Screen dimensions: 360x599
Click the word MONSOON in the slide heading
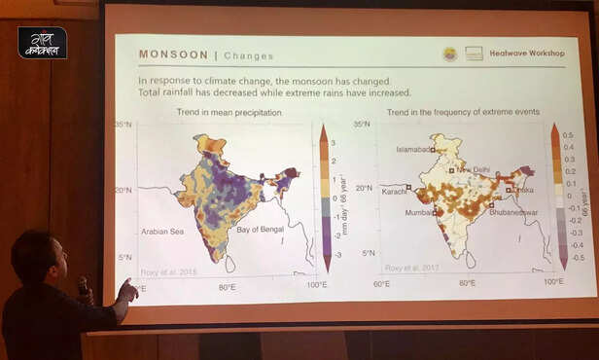coord(170,54)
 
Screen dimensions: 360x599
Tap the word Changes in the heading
coord(250,55)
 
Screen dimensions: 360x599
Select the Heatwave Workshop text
coord(527,54)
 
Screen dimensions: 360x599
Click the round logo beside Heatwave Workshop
coord(449,54)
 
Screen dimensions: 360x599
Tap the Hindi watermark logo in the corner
coord(42,42)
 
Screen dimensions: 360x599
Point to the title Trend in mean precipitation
coord(229,113)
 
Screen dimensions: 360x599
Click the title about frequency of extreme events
coord(463,113)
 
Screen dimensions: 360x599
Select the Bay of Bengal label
coord(262,228)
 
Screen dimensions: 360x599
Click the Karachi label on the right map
coord(395,192)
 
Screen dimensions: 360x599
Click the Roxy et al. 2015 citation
coord(166,271)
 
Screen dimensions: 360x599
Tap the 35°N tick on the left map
coord(123,125)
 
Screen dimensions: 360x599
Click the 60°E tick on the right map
coord(381,283)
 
